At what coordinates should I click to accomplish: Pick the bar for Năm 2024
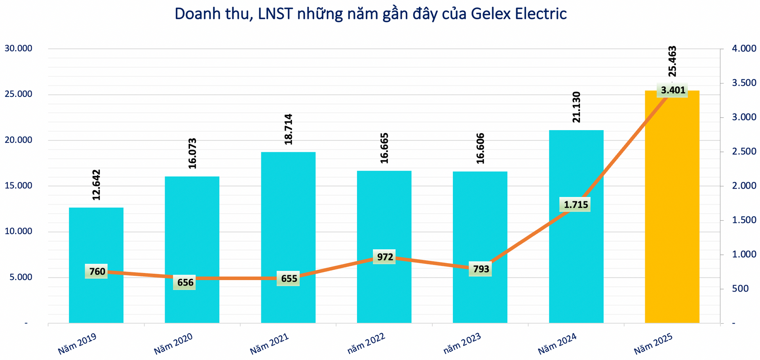pos(576,257)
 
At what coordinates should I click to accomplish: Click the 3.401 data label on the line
pos(673,90)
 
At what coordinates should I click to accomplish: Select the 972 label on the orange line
pos(385,257)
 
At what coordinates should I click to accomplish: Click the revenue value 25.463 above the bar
pos(672,61)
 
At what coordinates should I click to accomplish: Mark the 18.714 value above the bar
pos(288,129)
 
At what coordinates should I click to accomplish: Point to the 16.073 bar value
pos(192,153)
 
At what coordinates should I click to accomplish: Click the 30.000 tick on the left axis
pos(18,49)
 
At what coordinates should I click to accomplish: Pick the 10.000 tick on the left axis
pos(18,231)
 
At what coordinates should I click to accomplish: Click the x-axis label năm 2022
pos(366,343)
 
